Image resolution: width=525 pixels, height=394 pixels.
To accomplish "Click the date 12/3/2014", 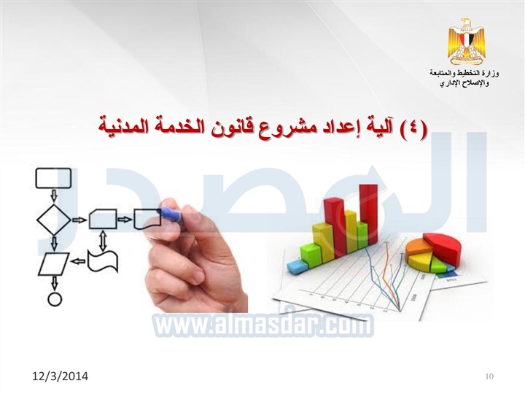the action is [61, 376].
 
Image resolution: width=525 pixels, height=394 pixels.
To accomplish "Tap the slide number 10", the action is [489, 376].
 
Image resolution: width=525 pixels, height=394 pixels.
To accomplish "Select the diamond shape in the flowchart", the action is [53, 220].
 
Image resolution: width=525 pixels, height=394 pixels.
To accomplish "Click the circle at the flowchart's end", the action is [55, 299].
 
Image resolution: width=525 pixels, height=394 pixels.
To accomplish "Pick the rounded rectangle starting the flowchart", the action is [53, 178].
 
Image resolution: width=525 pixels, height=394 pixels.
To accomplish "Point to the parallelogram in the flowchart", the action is [53, 264].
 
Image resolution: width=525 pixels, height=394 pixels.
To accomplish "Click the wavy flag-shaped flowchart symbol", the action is [103, 262].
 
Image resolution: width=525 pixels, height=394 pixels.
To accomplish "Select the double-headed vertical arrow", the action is [103, 239].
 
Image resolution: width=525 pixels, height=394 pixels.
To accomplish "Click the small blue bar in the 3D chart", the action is [297, 266].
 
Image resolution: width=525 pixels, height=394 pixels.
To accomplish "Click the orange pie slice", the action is [418, 247].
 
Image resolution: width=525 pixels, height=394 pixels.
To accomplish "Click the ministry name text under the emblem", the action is [464, 78].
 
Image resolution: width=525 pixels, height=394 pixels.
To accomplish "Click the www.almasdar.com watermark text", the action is [263, 324].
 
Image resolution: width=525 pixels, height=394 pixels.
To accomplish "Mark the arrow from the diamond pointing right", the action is [79, 220].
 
